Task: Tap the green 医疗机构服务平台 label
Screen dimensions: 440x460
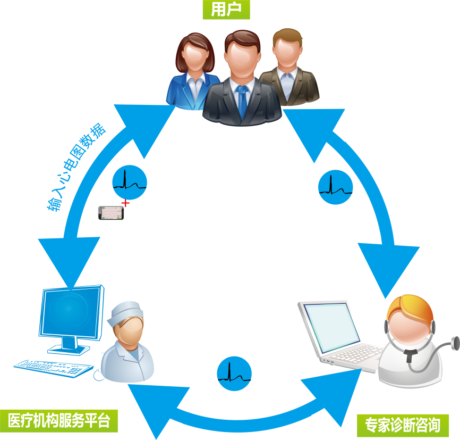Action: [59, 421]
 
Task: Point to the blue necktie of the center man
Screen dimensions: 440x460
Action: [242, 101]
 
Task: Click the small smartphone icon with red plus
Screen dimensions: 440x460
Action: [110, 213]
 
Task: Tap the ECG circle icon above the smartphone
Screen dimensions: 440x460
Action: [130, 182]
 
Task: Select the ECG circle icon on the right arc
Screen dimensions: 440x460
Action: [336, 187]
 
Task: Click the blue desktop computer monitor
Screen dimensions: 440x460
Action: [71, 316]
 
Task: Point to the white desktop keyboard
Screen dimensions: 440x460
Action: [53, 367]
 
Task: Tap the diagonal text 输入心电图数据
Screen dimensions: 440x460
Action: [78, 168]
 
